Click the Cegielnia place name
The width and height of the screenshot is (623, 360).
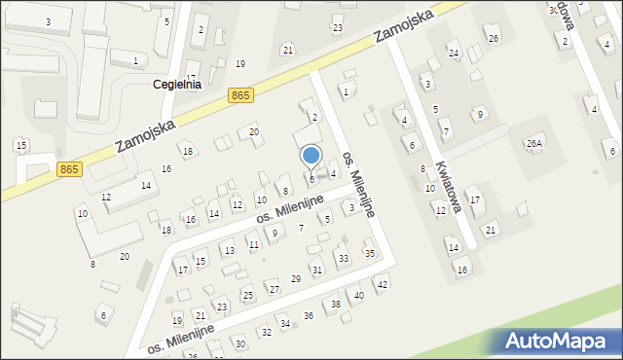177,85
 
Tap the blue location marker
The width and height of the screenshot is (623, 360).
311,157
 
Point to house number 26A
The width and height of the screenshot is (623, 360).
533,144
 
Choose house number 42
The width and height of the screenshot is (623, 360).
382,284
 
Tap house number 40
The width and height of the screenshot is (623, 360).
359,295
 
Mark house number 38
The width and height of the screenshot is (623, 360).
336,305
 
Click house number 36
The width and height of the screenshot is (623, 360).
309,315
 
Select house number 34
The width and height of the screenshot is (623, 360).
285,323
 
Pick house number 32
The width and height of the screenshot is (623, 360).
266,333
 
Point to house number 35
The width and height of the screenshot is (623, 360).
369,254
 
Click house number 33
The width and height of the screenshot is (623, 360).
343,259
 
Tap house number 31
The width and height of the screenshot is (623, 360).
316,270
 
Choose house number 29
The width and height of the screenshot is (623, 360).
296,279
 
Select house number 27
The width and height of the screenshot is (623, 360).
273,289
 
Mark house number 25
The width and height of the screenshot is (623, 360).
248,295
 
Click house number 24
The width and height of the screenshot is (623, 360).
453,53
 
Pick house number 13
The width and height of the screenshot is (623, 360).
229,251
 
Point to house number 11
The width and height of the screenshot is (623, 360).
253,244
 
